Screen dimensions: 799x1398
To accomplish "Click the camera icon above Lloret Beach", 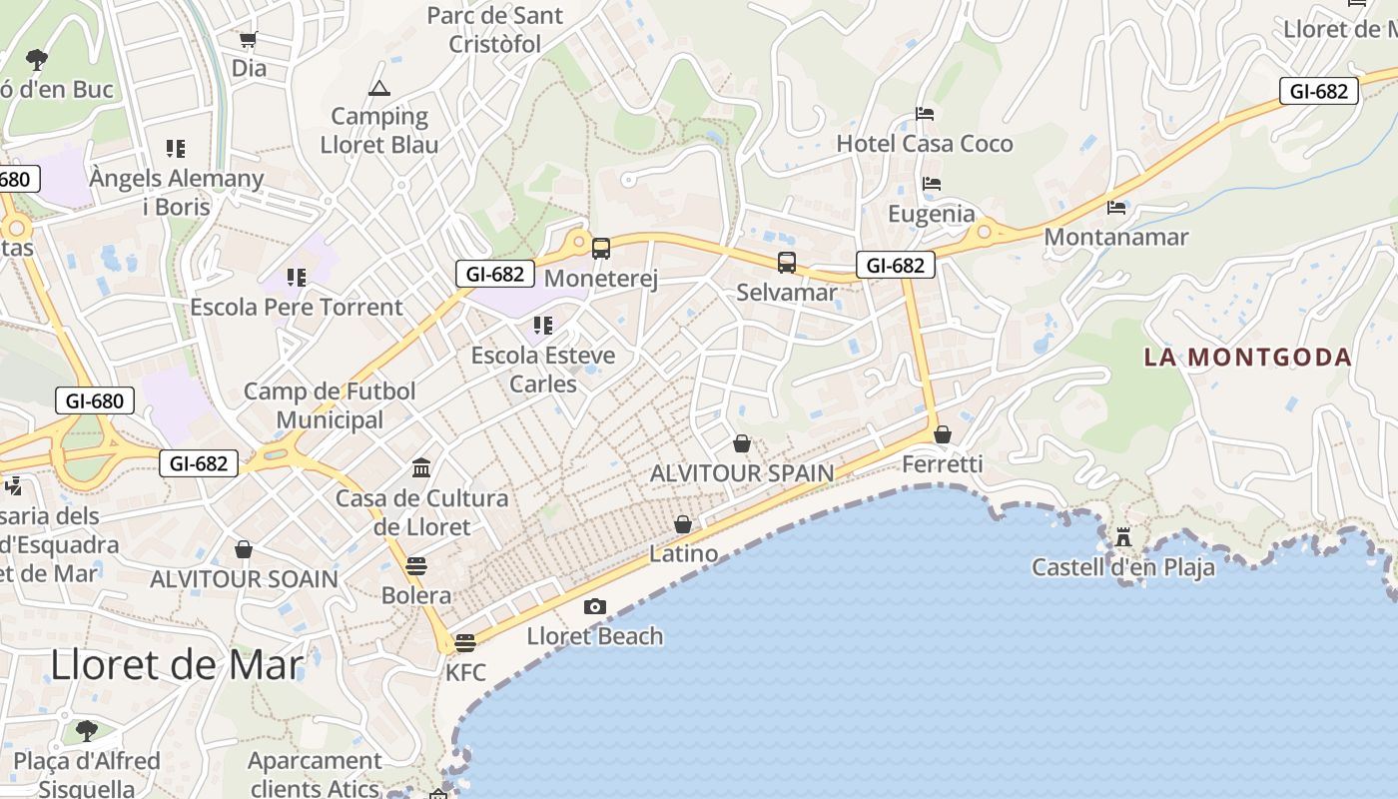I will point(595,606).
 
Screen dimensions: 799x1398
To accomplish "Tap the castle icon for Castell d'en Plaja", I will point(1123,538).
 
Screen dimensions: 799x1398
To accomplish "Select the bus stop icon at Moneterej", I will point(601,249).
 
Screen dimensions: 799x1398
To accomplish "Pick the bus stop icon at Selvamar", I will point(787,263).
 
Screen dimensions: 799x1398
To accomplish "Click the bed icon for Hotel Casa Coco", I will point(925,114).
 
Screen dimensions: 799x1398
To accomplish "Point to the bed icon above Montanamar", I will point(1116,208).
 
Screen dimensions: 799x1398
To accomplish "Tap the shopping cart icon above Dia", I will point(248,40).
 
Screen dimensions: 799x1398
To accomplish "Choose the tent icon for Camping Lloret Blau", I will point(378,88).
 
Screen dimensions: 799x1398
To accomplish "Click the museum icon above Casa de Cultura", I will point(421,467).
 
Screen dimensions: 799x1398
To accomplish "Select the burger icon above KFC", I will point(464,642).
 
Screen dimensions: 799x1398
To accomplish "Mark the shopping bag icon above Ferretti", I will point(942,434).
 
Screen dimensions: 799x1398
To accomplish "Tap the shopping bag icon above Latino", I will point(683,524).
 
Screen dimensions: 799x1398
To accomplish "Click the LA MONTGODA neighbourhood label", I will point(1247,357).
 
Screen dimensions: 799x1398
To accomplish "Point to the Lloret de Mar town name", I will point(176,664).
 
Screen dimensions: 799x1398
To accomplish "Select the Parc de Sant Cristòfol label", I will point(495,30).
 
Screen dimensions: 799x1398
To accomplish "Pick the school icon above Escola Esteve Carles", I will point(543,326).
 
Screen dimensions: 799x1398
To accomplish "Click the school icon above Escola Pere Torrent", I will point(297,277).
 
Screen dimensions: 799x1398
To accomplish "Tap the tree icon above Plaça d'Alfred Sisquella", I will point(87,730).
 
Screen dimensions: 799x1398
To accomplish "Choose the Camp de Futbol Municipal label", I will point(330,405).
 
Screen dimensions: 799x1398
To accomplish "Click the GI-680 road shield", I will point(94,401).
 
